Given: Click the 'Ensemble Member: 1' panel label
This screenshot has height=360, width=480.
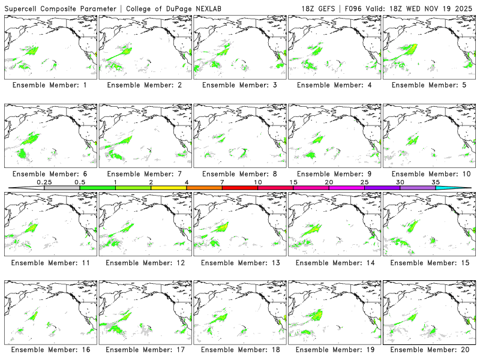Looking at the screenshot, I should click(x=50, y=85).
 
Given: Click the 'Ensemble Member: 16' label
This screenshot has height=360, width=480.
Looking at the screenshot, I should click(x=50, y=349).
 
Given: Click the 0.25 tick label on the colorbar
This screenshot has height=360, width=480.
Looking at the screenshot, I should click(x=44, y=182).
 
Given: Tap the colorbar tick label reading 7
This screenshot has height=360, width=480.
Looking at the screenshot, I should click(x=222, y=182).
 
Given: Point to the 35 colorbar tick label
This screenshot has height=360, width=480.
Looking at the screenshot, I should click(x=436, y=182).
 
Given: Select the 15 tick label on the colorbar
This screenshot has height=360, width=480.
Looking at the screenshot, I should click(x=293, y=182).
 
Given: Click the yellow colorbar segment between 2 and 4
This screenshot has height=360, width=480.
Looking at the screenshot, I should click(x=169, y=188).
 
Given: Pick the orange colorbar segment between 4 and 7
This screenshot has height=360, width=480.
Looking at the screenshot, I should click(x=204, y=188).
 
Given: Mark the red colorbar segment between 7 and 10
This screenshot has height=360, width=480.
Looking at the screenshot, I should click(x=240, y=188).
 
